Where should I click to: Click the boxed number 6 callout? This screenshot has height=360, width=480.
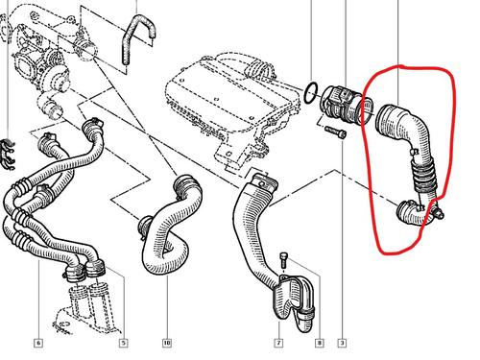tap(38, 343)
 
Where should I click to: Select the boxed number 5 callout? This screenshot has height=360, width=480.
tap(124, 343)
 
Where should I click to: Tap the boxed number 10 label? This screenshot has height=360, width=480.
tap(167, 343)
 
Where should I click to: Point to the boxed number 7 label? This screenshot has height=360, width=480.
tap(278, 343)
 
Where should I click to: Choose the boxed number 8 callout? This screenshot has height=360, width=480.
tap(319, 343)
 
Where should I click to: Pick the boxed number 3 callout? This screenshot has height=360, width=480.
tap(342, 343)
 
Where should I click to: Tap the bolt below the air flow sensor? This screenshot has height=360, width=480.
tap(335, 132)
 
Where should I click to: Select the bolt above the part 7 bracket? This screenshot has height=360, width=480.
tap(284, 260)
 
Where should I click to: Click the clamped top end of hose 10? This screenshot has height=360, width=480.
tap(184, 184)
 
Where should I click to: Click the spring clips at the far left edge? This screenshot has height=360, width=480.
tap(9, 155)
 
